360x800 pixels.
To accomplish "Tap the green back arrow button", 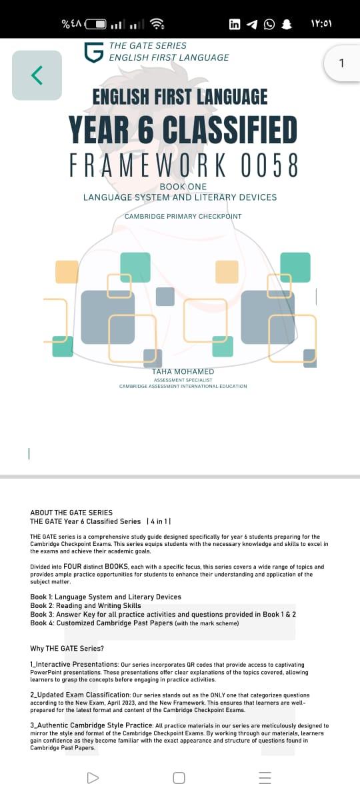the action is pos(37,75).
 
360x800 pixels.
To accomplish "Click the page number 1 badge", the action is pos(342,63).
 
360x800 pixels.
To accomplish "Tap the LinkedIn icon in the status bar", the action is pos(235,24).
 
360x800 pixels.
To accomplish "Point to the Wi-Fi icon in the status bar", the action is pos(157,23).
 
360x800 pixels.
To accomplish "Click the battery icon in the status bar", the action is pos(96,24).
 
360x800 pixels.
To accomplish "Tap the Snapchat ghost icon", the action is pos(287,24).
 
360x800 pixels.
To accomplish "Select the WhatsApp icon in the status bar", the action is pos(269,24).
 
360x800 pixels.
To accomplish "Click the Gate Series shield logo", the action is pos(94,52).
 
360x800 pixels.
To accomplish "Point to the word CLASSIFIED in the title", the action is pos(229,129).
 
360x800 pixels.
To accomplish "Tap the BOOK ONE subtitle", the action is pos(183,187).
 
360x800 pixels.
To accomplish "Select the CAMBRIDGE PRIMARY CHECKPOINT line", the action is pos(183,216).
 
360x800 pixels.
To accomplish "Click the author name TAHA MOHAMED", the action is pos(183,371).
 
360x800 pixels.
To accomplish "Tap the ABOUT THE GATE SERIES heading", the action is pos(71,512).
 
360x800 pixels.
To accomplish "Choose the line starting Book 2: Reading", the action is pos(86,605).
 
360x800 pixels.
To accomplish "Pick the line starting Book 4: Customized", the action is pos(135,623).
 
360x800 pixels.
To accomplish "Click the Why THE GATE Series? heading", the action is pos(67,648).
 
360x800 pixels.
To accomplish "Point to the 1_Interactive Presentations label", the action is pos(74,664).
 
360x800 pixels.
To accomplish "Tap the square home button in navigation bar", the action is pos(179,778).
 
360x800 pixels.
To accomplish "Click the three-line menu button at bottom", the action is pos(265,778).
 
